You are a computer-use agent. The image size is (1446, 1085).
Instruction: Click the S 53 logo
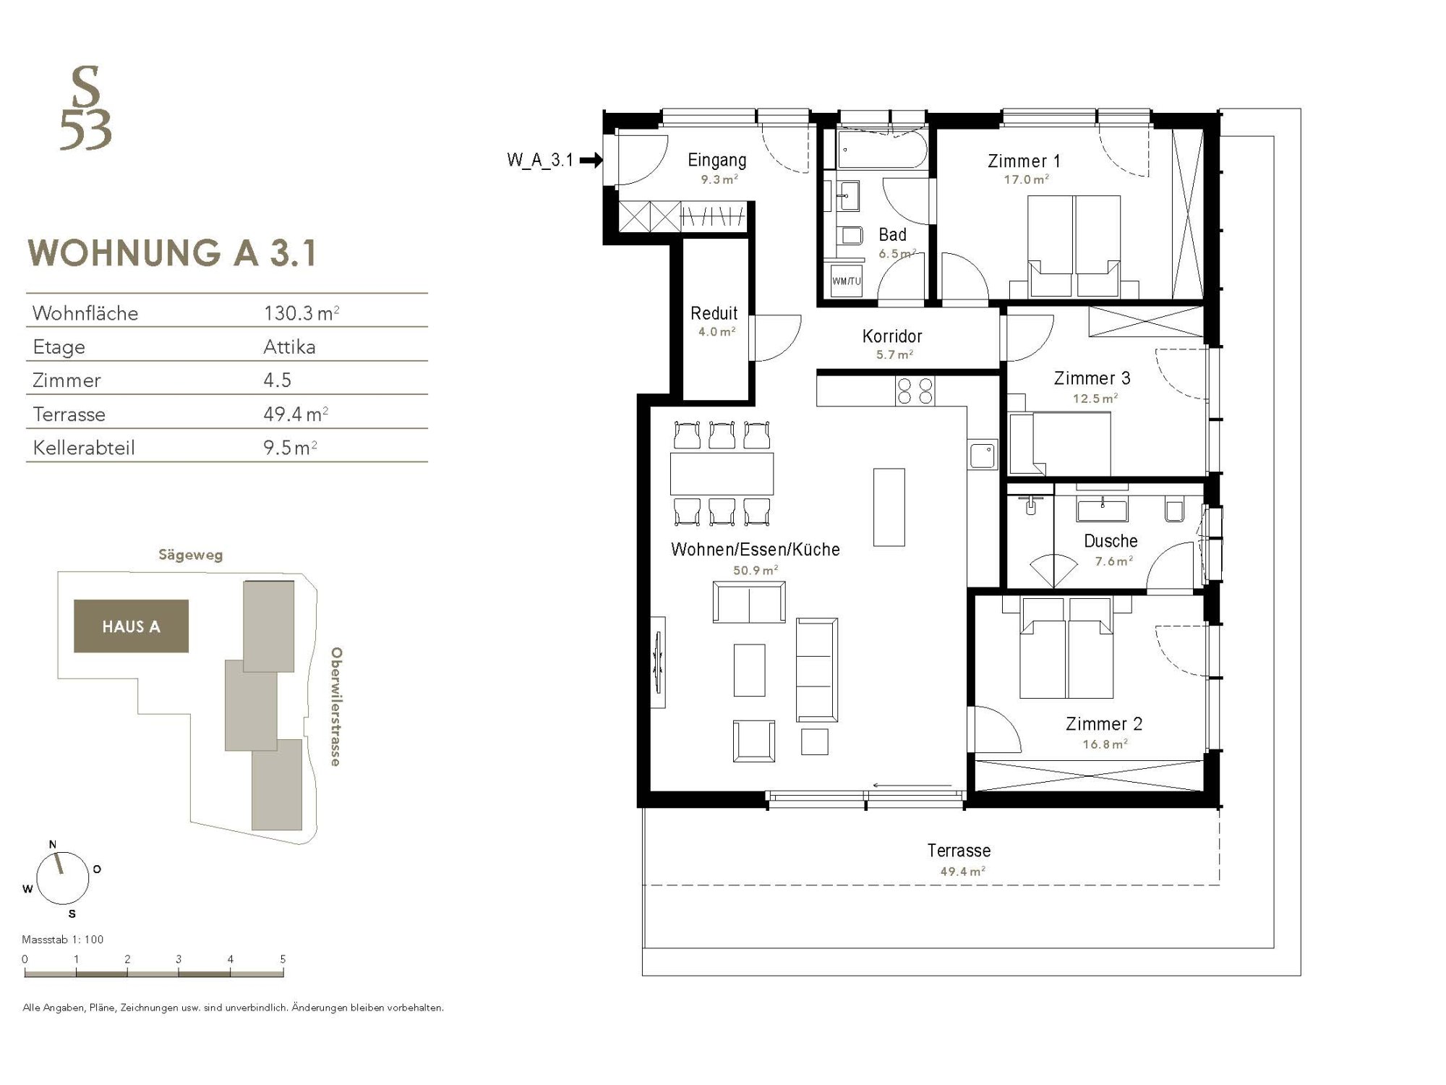coord(86,108)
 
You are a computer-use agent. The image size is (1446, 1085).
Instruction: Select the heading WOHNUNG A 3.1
coord(172,253)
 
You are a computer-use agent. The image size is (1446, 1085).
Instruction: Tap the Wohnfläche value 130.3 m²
coord(301,313)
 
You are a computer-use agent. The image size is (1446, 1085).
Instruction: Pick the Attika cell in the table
coord(289,347)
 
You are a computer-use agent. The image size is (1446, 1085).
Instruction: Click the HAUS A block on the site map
coord(131,626)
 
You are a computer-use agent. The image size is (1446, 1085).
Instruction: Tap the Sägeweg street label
coord(191,556)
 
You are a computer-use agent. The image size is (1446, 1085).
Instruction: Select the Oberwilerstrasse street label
coord(335,707)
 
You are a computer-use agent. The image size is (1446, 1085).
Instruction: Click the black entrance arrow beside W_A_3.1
coord(591,160)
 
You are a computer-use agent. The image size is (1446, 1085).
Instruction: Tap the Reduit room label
coord(714,313)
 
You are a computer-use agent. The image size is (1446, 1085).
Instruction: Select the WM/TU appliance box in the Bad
coord(846,281)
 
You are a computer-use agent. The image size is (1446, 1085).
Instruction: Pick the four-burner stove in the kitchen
coord(915,391)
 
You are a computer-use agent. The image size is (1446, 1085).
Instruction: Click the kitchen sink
coord(983,456)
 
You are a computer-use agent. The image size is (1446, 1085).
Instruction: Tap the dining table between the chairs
coord(722,474)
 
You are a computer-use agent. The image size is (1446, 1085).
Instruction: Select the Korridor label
coord(892,336)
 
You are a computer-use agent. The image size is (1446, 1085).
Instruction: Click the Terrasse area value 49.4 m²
coord(962,872)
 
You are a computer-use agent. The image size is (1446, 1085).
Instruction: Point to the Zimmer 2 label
coord(1104,723)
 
